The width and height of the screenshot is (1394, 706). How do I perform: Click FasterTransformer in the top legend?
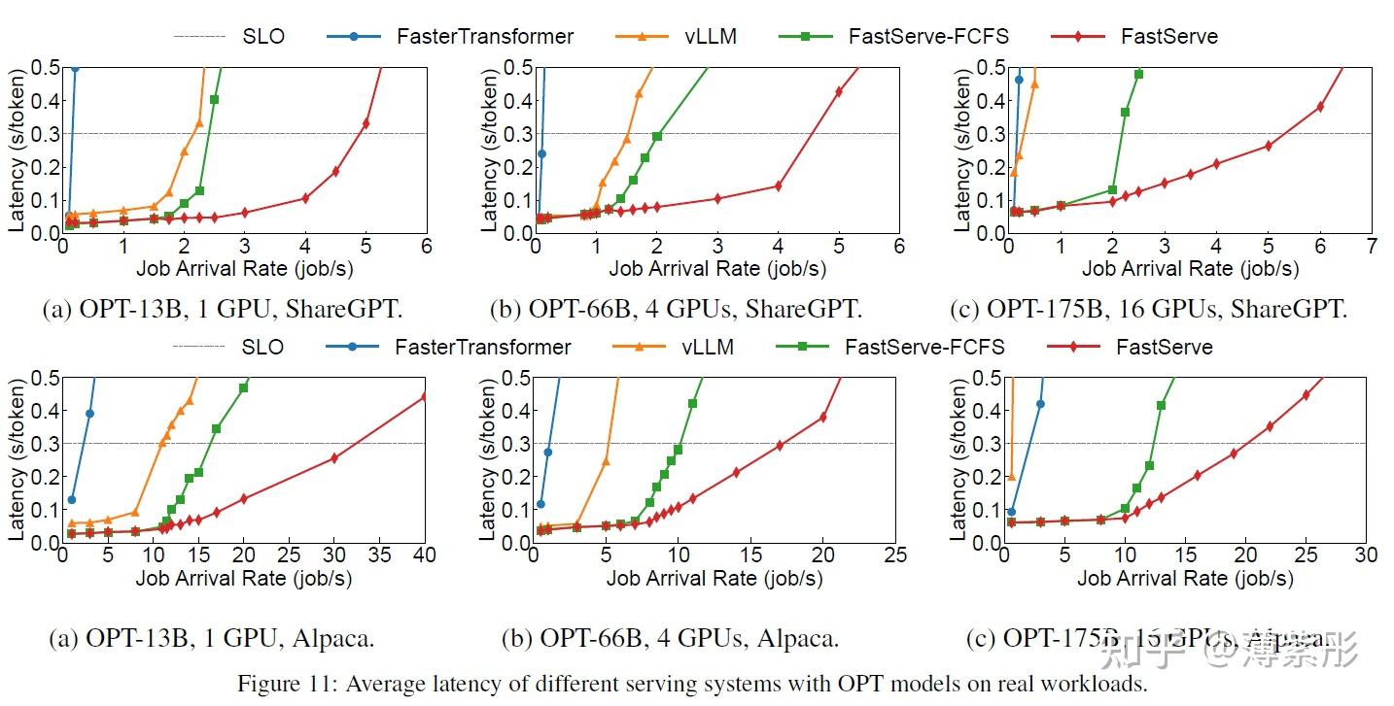484,37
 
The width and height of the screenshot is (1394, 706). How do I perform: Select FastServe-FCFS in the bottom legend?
924,347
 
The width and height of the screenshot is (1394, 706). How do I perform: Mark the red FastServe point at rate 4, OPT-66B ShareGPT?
778,185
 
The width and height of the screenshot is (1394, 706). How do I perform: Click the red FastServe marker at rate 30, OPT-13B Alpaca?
334,457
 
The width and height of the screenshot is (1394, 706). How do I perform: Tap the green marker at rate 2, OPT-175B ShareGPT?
1113,189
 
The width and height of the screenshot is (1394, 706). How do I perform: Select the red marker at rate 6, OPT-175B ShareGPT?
1320,107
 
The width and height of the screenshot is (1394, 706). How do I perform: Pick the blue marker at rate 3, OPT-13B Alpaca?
89,413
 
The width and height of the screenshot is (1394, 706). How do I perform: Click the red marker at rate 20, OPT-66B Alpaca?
822,417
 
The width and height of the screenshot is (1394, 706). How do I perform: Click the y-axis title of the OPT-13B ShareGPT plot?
17,151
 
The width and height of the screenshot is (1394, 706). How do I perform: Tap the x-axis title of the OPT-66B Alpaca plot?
714,579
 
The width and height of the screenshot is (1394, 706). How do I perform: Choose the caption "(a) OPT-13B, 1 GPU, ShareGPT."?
223,310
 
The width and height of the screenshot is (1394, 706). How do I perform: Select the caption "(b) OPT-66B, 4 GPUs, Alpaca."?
670,638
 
